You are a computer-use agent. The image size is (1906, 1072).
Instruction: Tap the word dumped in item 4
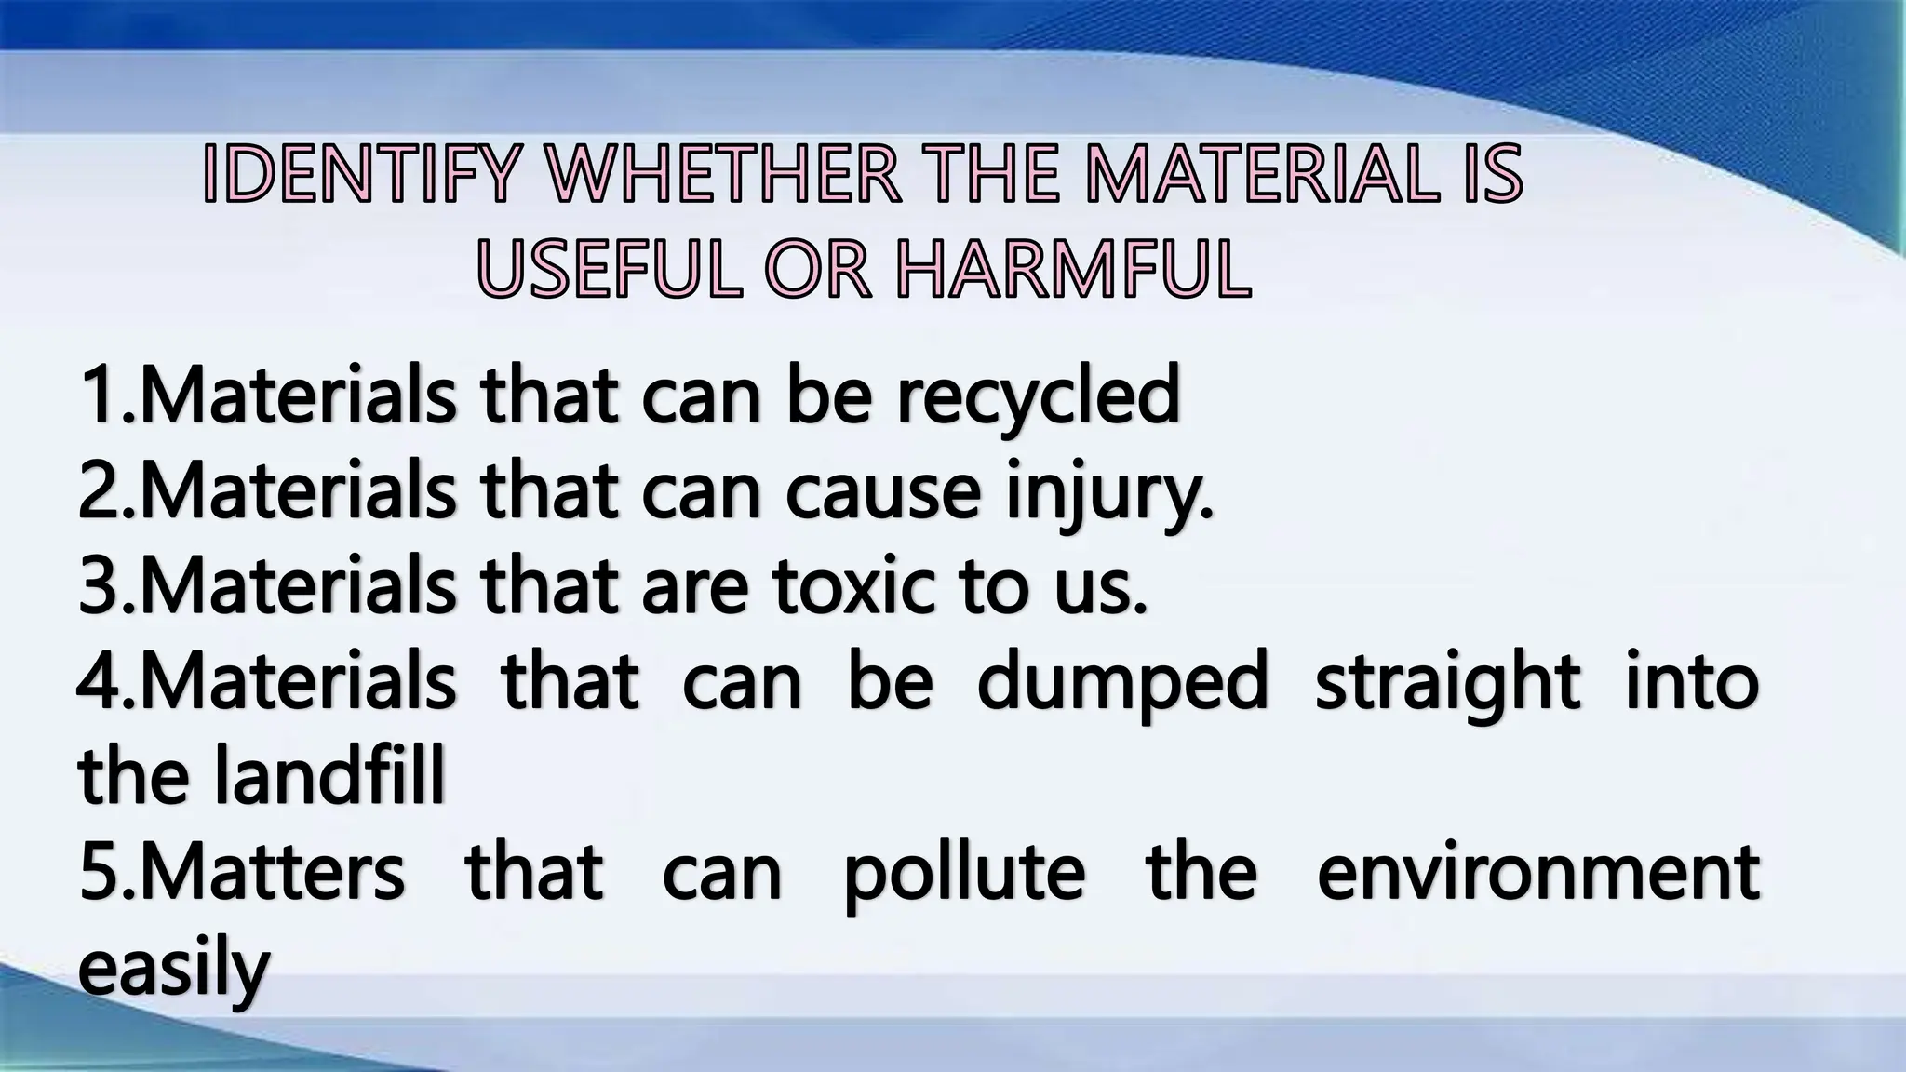(1122, 683)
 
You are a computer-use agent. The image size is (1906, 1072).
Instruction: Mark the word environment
(1537, 875)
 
